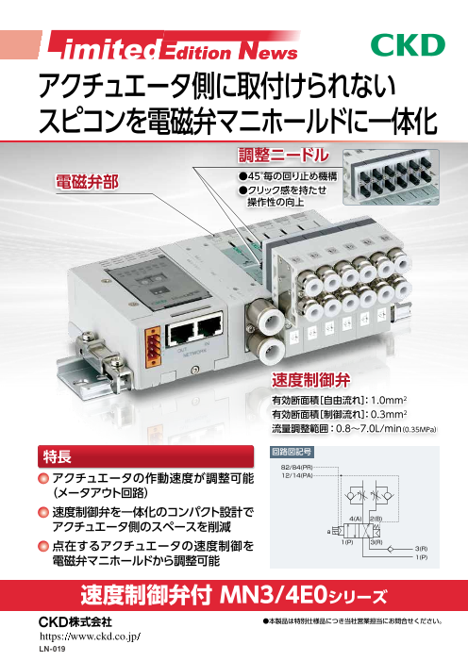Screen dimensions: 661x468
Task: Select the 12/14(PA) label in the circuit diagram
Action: click(x=296, y=476)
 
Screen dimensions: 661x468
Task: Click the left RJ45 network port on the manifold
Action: click(x=177, y=332)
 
